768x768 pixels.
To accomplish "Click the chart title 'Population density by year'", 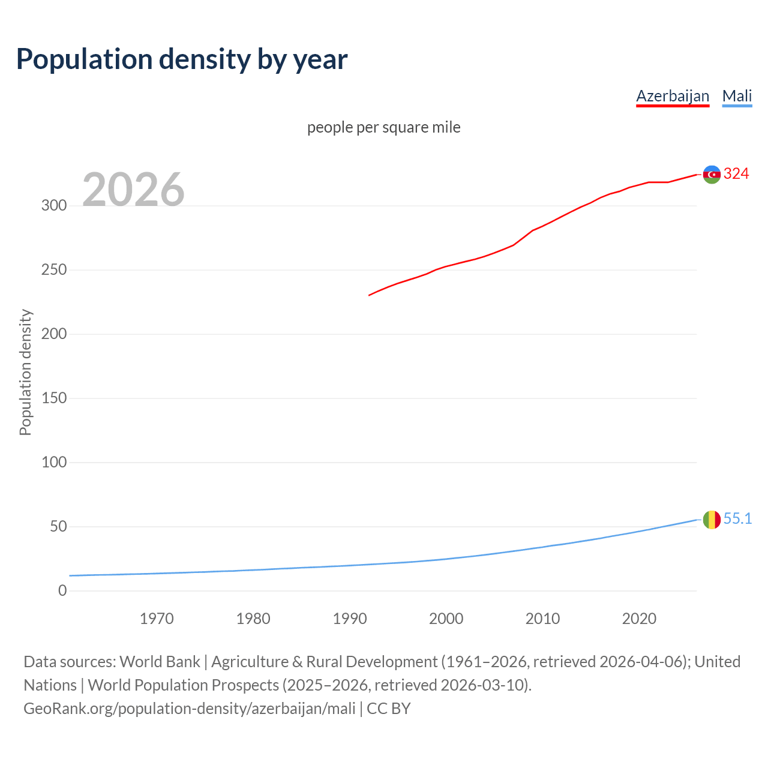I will click(x=182, y=59).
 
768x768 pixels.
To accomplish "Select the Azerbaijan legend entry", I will click(x=673, y=96).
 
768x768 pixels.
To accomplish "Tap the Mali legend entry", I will click(x=737, y=96).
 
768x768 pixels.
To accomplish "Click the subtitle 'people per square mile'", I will click(x=384, y=127).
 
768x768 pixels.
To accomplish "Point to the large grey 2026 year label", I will click(x=133, y=190).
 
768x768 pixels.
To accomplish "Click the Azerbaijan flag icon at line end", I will click(x=712, y=175).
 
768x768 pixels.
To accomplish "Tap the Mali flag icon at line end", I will click(x=712, y=520).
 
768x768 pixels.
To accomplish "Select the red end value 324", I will click(x=736, y=174).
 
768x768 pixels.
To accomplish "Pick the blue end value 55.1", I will click(x=737, y=519).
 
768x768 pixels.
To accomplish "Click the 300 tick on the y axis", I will click(x=54, y=206).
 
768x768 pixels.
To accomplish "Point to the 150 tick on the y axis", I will click(x=54, y=398).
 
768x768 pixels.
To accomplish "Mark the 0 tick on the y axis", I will click(x=62, y=591).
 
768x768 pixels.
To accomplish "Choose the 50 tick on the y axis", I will click(x=58, y=527).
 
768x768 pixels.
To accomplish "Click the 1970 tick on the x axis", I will click(x=157, y=619).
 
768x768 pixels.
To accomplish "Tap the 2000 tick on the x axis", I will click(x=446, y=619).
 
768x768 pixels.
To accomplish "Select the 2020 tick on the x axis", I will click(x=639, y=619).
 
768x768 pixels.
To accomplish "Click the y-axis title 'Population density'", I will click(x=25, y=372).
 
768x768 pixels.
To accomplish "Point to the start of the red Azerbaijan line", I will click(x=370, y=295).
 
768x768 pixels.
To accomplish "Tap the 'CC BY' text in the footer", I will click(x=389, y=709).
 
